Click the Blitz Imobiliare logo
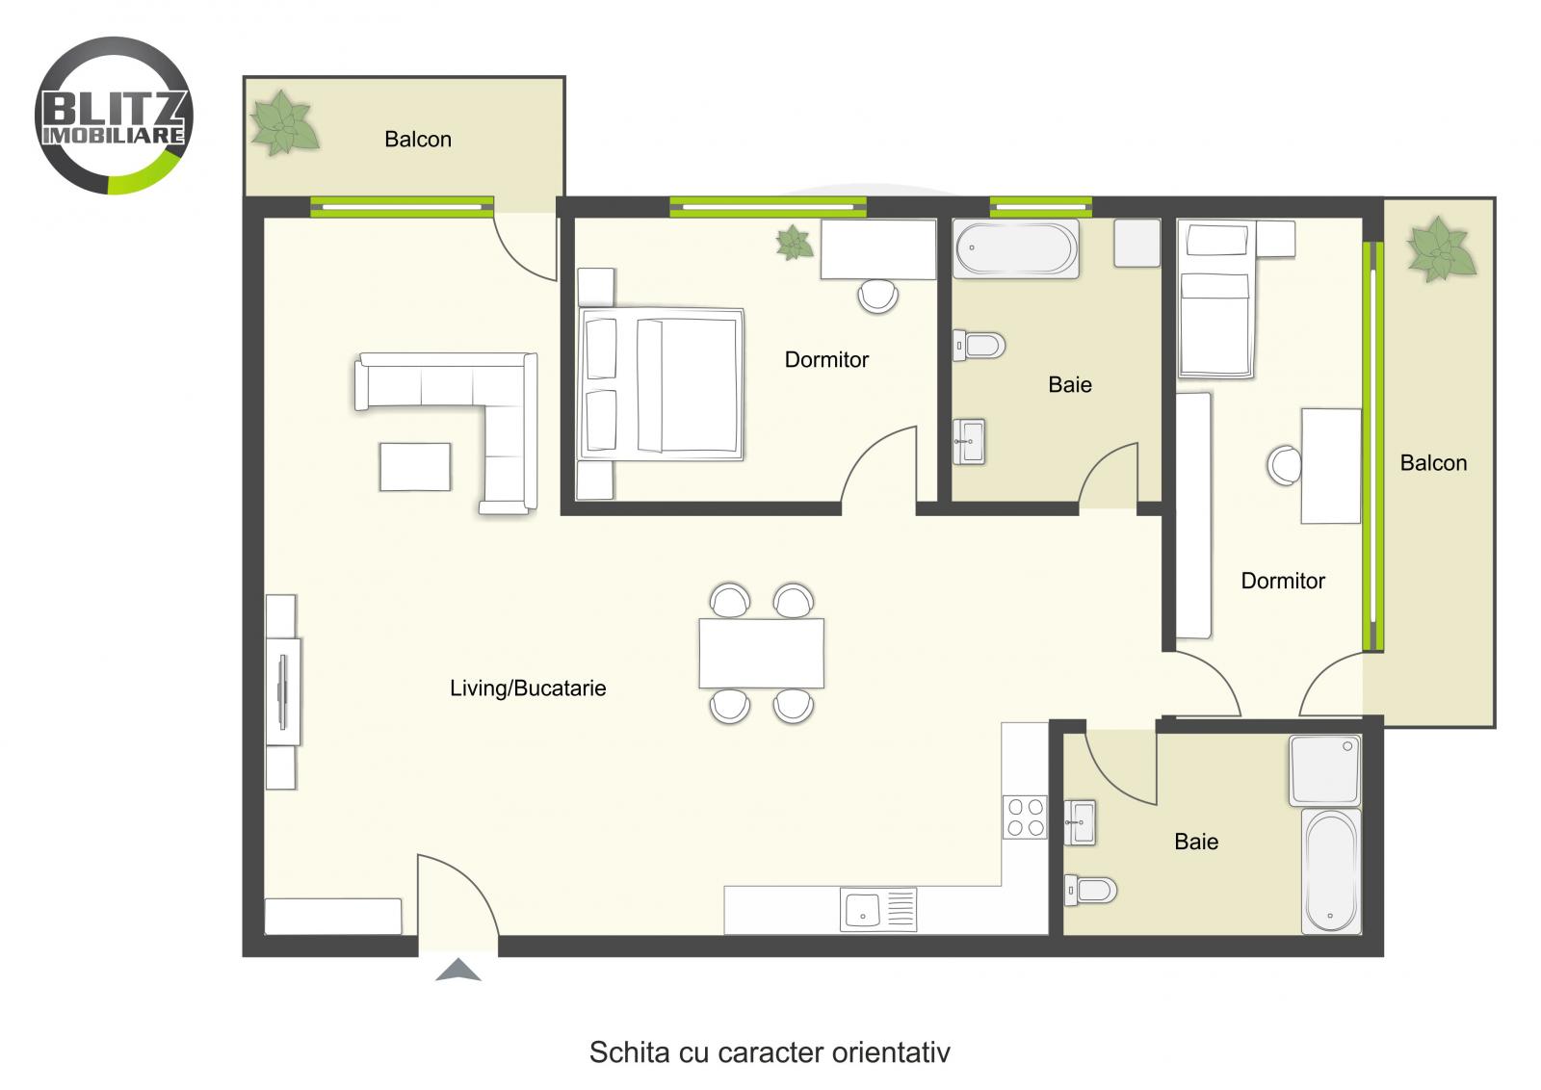tap(114, 116)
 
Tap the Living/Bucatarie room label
tap(528, 688)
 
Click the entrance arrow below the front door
tap(457, 971)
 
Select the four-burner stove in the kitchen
tap(1024, 817)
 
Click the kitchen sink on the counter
tap(863, 909)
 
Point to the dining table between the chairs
tap(761, 653)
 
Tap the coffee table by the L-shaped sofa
tap(414, 467)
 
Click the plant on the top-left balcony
tap(283, 123)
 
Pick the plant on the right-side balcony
tap(1441, 249)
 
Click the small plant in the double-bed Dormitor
tap(795, 243)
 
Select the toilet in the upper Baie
tap(979, 345)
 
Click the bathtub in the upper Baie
tap(1015, 248)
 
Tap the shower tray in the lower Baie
tap(1325, 770)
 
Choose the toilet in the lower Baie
tap(1090, 890)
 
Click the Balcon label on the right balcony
tap(1433, 463)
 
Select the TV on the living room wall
tap(283, 691)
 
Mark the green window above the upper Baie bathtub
tap(1040, 205)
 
